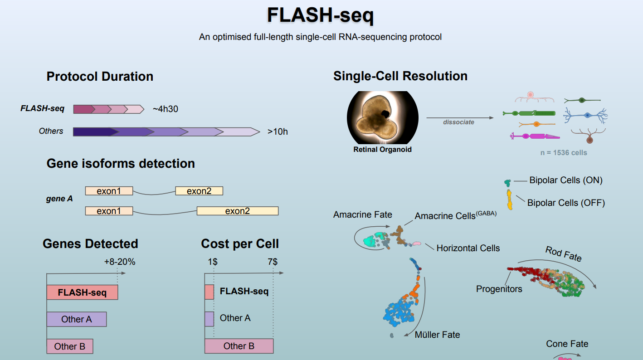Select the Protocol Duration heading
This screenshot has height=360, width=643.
click(100, 76)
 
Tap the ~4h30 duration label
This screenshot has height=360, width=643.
click(165, 109)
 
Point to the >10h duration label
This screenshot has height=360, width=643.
click(278, 132)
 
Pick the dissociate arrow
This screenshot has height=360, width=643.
click(460, 118)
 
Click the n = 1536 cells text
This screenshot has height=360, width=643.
click(564, 153)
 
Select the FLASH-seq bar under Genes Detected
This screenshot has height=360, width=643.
click(82, 292)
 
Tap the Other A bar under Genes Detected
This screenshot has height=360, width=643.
click(76, 319)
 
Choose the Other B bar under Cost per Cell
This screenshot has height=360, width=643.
click(239, 346)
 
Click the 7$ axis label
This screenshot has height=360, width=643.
click(273, 262)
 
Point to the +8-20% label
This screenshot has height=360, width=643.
click(120, 262)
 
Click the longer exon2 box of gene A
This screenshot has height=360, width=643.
click(237, 211)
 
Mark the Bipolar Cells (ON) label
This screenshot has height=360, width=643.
click(566, 180)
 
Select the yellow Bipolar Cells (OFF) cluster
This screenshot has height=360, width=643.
click(510, 200)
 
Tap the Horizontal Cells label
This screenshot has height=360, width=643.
click(468, 248)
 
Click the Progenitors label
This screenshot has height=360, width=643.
click(499, 289)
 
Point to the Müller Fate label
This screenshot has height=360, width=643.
click(437, 335)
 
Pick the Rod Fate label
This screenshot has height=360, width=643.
click(563, 254)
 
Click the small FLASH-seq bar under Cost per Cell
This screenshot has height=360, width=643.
click(209, 292)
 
